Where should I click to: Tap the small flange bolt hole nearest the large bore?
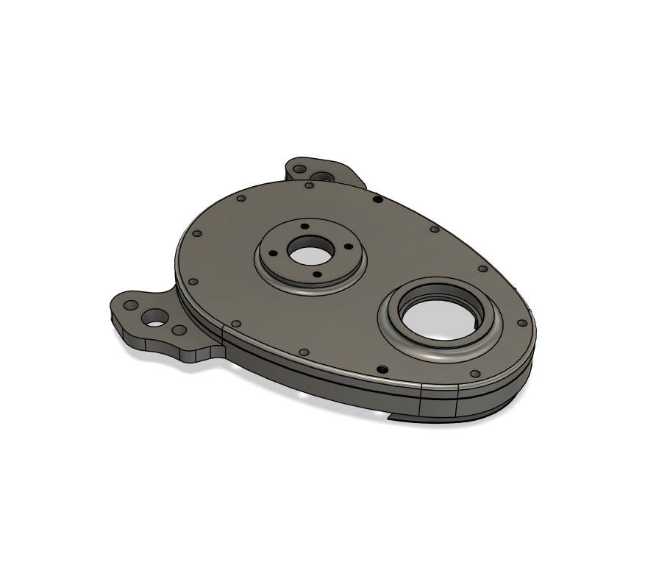[349, 249]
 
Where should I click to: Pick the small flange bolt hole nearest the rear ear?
[302, 226]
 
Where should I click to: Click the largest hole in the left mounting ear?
[156, 318]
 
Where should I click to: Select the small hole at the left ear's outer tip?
[129, 305]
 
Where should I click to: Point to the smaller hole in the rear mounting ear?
[299, 169]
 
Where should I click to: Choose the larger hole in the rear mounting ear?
[321, 177]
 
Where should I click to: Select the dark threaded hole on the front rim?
[382, 369]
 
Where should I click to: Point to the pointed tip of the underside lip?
[389, 420]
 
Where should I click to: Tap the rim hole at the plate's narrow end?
[522, 323]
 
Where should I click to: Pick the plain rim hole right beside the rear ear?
[310, 185]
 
